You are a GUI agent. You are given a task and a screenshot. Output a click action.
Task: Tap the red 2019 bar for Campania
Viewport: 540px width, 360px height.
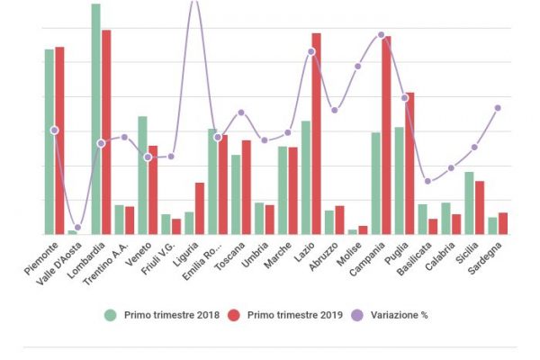pos(386,135)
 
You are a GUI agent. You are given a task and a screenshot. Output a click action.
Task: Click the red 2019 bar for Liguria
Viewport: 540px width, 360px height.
pos(200,208)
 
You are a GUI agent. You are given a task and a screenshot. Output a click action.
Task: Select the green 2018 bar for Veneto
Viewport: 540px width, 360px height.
pos(142,175)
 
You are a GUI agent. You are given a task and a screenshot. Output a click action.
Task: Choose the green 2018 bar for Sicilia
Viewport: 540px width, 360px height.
pos(469,202)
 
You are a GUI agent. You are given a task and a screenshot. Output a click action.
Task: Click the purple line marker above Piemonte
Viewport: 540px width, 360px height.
pos(55,130)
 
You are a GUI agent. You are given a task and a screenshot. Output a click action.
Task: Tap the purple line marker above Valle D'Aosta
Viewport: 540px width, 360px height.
pos(77,228)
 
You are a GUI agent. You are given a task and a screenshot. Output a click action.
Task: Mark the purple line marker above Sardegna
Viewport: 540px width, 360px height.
pos(498,108)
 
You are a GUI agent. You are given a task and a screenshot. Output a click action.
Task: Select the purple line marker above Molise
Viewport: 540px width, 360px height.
pos(357,66)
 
